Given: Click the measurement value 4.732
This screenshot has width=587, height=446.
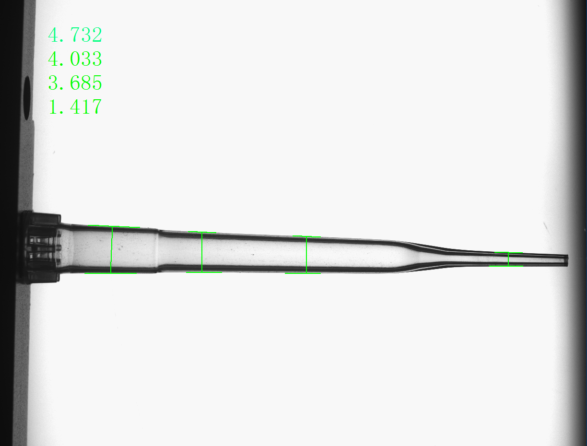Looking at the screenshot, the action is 75,35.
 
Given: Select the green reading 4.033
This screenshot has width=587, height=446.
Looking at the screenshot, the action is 75,59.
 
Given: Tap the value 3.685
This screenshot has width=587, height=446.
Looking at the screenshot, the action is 75,82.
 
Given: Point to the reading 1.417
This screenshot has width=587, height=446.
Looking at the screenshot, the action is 75,106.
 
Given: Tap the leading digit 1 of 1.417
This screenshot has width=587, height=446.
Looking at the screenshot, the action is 53,106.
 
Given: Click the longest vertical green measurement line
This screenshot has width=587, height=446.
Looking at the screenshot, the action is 112,250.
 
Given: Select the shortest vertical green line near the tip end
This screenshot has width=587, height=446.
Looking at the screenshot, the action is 508,259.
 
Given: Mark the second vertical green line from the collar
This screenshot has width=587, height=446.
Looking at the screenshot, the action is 202,252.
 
